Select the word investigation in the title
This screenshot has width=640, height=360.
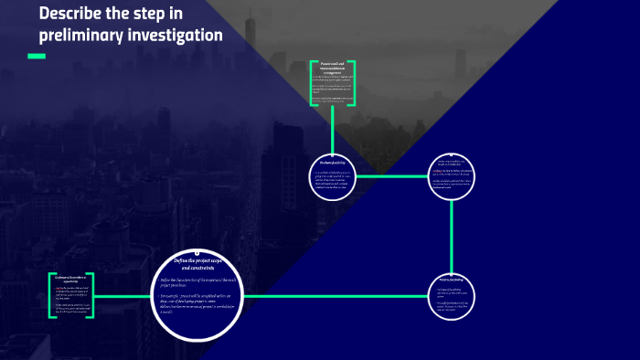pyautogui.click(x=176, y=36)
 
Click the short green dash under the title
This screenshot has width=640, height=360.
pyautogui.click(x=37, y=57)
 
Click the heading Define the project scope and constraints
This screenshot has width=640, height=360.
pyautogui.click(x=198, y=265)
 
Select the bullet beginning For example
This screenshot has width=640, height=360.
pyautogui.click(x=198, y=302)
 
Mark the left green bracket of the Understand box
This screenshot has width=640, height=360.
pyautogui.click(x=49, y=294)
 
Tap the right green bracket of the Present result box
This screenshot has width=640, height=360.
pyautogui.click(x=354, y=83)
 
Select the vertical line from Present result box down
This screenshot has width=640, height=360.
pyautogui.click(x=333, y=127)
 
